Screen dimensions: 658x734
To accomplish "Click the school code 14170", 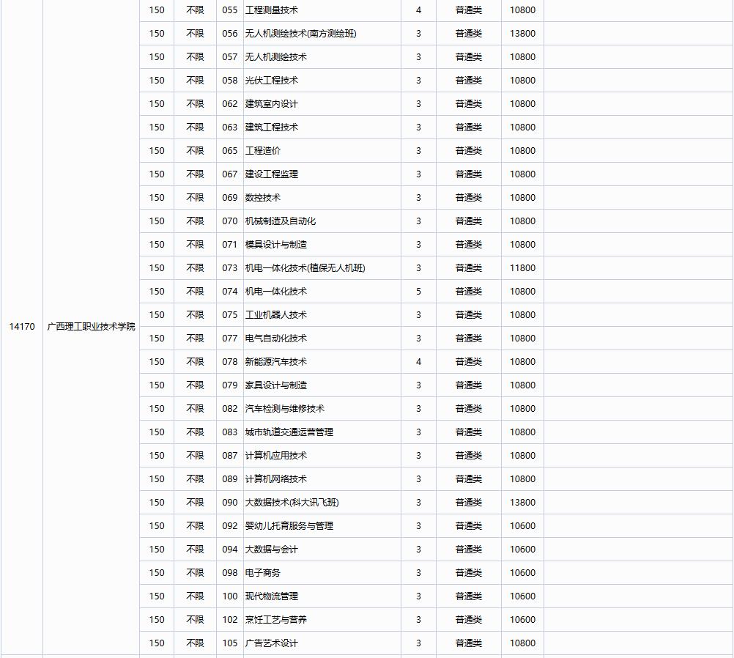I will pyautogui.click(x=22, y=326).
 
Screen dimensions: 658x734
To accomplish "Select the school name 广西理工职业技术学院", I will pyautogui.click(x=91, y=326).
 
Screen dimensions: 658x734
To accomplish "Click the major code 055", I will pyautogui.click(x=230, y=10).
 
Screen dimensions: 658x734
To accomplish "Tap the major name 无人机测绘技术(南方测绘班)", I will pyautogui.click(x=300, y=34).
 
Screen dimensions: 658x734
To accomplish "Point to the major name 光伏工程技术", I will pyautogui.click(x=271, y=81).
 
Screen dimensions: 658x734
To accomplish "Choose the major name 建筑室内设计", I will pyautogui.click(x=271, y=104).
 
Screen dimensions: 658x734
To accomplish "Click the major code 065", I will pyautogui.click(x=230, y=151).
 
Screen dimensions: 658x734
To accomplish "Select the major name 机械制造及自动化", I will pyautogui.click(x=280, y=221).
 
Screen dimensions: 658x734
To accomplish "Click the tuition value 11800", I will pyautogui.click(x=522, y=268).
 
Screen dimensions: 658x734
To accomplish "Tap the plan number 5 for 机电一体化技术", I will pyautogui.click(x=418, y=292).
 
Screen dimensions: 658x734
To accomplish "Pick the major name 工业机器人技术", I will pyautogui.click(x=275, y=315).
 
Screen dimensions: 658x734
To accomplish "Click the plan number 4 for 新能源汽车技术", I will pyautogui.click(x=418, y=362).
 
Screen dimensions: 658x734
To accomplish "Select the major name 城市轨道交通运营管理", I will pyautogui.click(x=289, y=432).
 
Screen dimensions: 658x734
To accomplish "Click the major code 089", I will pyautogui.click(x=230, y=479).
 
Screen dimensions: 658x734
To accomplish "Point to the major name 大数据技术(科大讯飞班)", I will pyautogui.click(x=292, y=503).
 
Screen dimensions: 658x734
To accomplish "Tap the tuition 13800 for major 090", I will pyautogui.click(x=522, y=503).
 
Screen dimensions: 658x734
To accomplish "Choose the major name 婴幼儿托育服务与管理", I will pyautogui.click(x=289, y=526).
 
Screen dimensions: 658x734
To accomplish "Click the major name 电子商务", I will pyautogui.click(x=262, y=573).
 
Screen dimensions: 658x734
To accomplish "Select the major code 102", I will pyautogui.click(x=230, y=620).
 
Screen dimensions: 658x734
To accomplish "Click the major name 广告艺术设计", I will pyautogui.click(x=271, y=643).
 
